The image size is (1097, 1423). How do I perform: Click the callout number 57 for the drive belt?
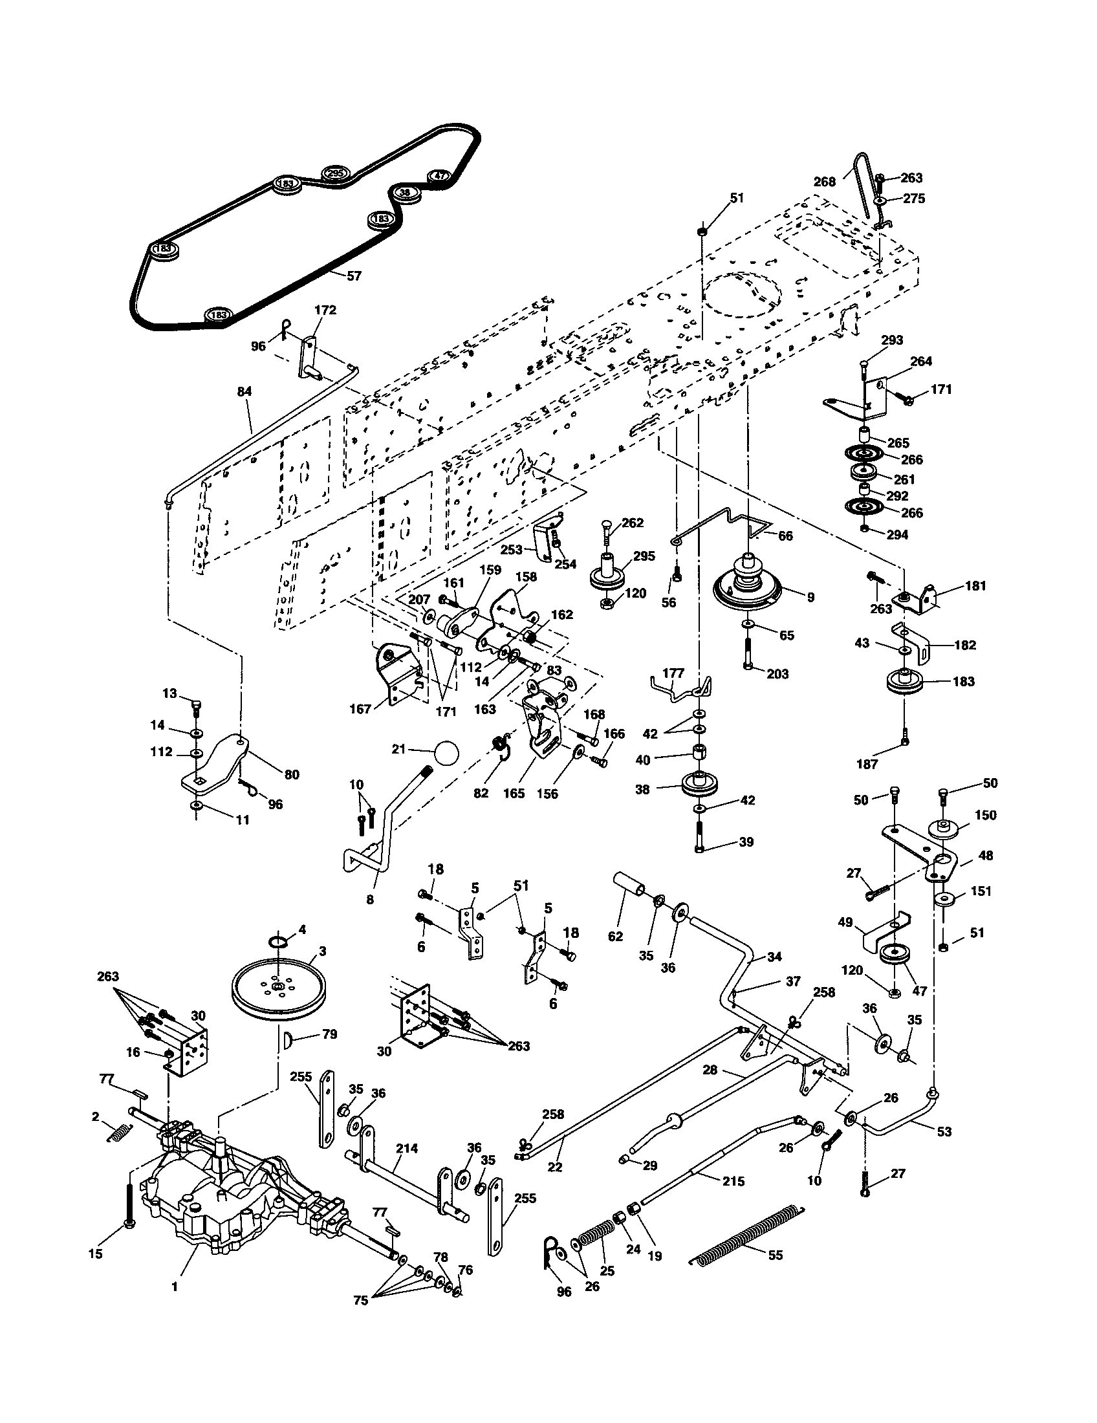(353, 276)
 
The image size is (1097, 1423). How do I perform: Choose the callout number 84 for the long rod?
(244, 391)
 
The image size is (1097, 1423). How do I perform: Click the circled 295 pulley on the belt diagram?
(336, 173)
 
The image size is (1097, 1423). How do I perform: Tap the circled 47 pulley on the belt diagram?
(440, 175)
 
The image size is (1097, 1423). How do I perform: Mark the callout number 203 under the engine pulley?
(777, 674)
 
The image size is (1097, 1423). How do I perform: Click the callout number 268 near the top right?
(824, 182)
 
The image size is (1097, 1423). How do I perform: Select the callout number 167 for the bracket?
(360, 709)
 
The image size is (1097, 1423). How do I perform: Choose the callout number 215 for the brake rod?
(733, 1181)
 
